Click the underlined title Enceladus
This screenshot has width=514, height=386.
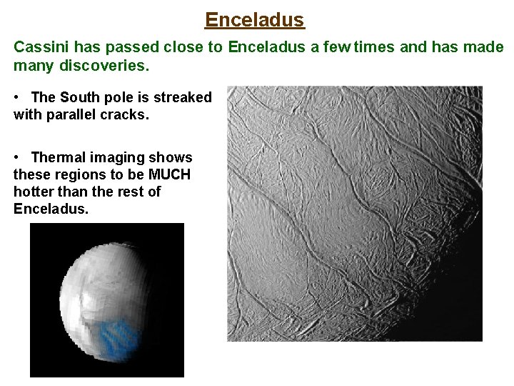[255, 19]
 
